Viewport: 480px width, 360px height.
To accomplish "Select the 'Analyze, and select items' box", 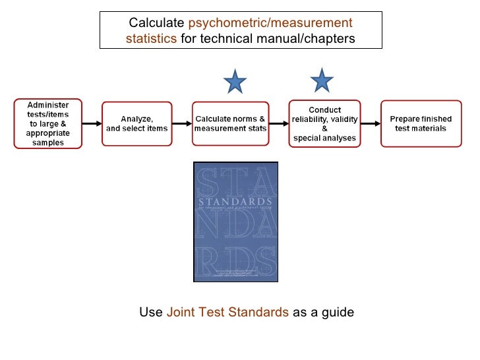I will [x=137, y=123].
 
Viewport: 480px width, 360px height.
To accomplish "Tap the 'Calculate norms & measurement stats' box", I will [x=230, y=123].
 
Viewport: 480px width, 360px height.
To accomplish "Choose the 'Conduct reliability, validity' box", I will [x=324, y=123].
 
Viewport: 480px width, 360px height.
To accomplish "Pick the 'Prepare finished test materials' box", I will [x=420, y=123].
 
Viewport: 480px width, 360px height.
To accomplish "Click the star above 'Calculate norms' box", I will [x=234, y=82].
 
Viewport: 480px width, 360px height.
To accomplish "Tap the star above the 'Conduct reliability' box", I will [x=321, y=80].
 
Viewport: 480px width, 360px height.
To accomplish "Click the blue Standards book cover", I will [x=235, y=221].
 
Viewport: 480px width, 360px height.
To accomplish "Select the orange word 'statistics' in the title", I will [x=151, y=39].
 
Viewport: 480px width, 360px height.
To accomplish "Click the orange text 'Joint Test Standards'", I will [x=227, y=311].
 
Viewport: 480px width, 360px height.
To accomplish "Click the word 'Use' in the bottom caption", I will [x=151, y=311].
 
